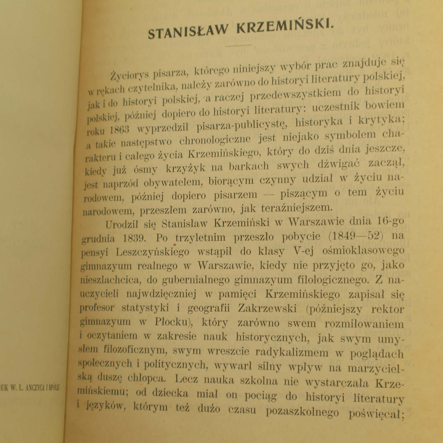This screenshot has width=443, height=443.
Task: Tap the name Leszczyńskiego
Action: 153,252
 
